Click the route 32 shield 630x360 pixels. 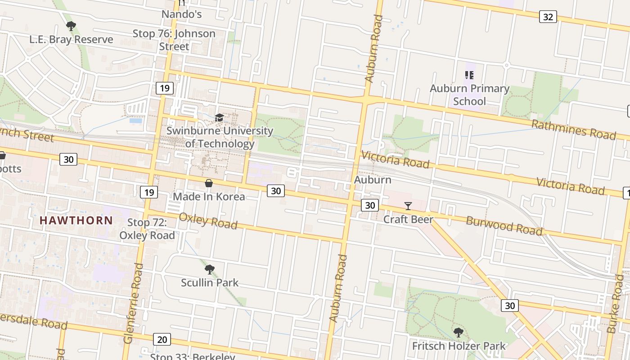[x=548, y=17]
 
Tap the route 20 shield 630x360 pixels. [x=162, y=339]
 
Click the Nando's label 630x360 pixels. [x=181, y=14]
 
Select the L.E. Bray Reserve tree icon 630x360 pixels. [x=71, y=26]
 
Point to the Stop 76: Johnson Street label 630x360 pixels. [x=174, y=40]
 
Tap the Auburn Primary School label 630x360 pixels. [x=469, y=94]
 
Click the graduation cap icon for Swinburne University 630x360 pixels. [x=219, y=118]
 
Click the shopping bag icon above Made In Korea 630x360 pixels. [x=209, y=183]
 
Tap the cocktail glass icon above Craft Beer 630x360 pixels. [x=408, y=206]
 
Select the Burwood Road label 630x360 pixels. [x=504, y=225]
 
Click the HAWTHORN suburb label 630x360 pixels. [x=76, y=220]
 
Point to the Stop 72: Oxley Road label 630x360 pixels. [x=147, y=229]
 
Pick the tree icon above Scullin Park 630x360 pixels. [x=209, y=270]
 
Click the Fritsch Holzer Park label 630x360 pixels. [x=459, y=346]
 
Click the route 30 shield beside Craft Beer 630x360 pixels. [x=369, y=205]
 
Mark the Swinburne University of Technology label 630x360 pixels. [x=220, y=137]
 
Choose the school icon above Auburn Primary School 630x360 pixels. [x=469, y=75]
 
